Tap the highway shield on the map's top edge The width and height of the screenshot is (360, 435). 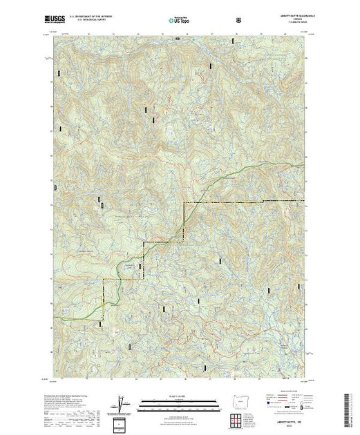[176, 39]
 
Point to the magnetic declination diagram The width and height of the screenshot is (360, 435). [122, 403]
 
